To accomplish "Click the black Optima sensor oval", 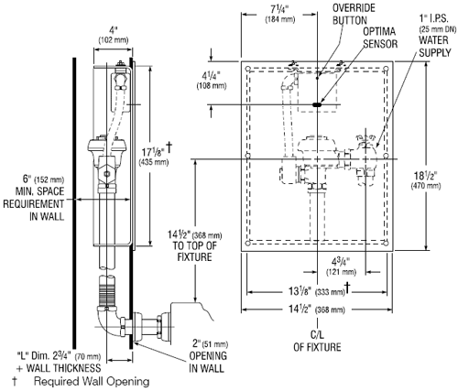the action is (x=317, y=104).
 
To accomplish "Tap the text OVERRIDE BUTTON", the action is (x=354, y=14).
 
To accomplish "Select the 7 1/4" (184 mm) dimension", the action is (x=280, y=14).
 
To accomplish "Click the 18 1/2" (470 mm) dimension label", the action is (x=426, y=180).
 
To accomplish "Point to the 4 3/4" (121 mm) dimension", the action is (x=341, y=266).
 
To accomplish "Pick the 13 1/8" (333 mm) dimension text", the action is (x=317, y=291).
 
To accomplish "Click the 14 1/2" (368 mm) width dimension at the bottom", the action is (x=317, y=310).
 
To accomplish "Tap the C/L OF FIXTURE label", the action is (x=317, y=341).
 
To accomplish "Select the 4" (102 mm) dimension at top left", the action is (x=114, y=35).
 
